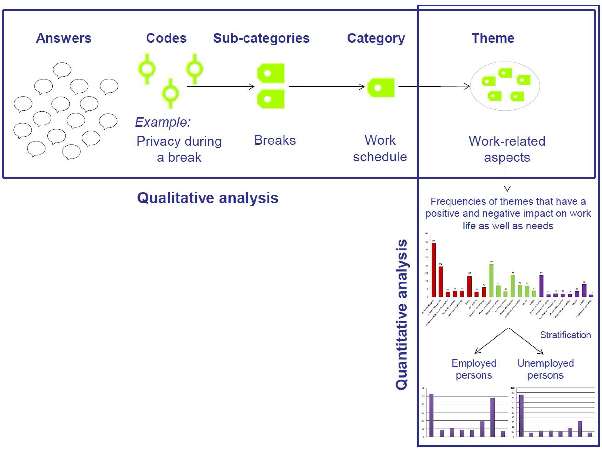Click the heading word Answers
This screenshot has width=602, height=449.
[x=64, y=38]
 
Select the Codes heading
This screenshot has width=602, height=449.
[x=166, y=38]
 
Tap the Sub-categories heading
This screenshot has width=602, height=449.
[x=261, y=38]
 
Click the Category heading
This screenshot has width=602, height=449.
[x=376, y=38]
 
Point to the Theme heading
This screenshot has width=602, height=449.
[x=493, y=38]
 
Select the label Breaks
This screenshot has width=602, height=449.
[x=275, y=140]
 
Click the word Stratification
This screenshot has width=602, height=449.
[x=565, y=335]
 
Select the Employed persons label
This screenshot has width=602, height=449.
[x=474, y=369]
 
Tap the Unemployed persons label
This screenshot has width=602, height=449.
[x=545, y=369]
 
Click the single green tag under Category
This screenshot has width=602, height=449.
[x=381, y=88]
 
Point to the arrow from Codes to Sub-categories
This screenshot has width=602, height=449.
[x=220, y=87]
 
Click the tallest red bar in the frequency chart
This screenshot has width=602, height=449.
[x=434, y=269]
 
